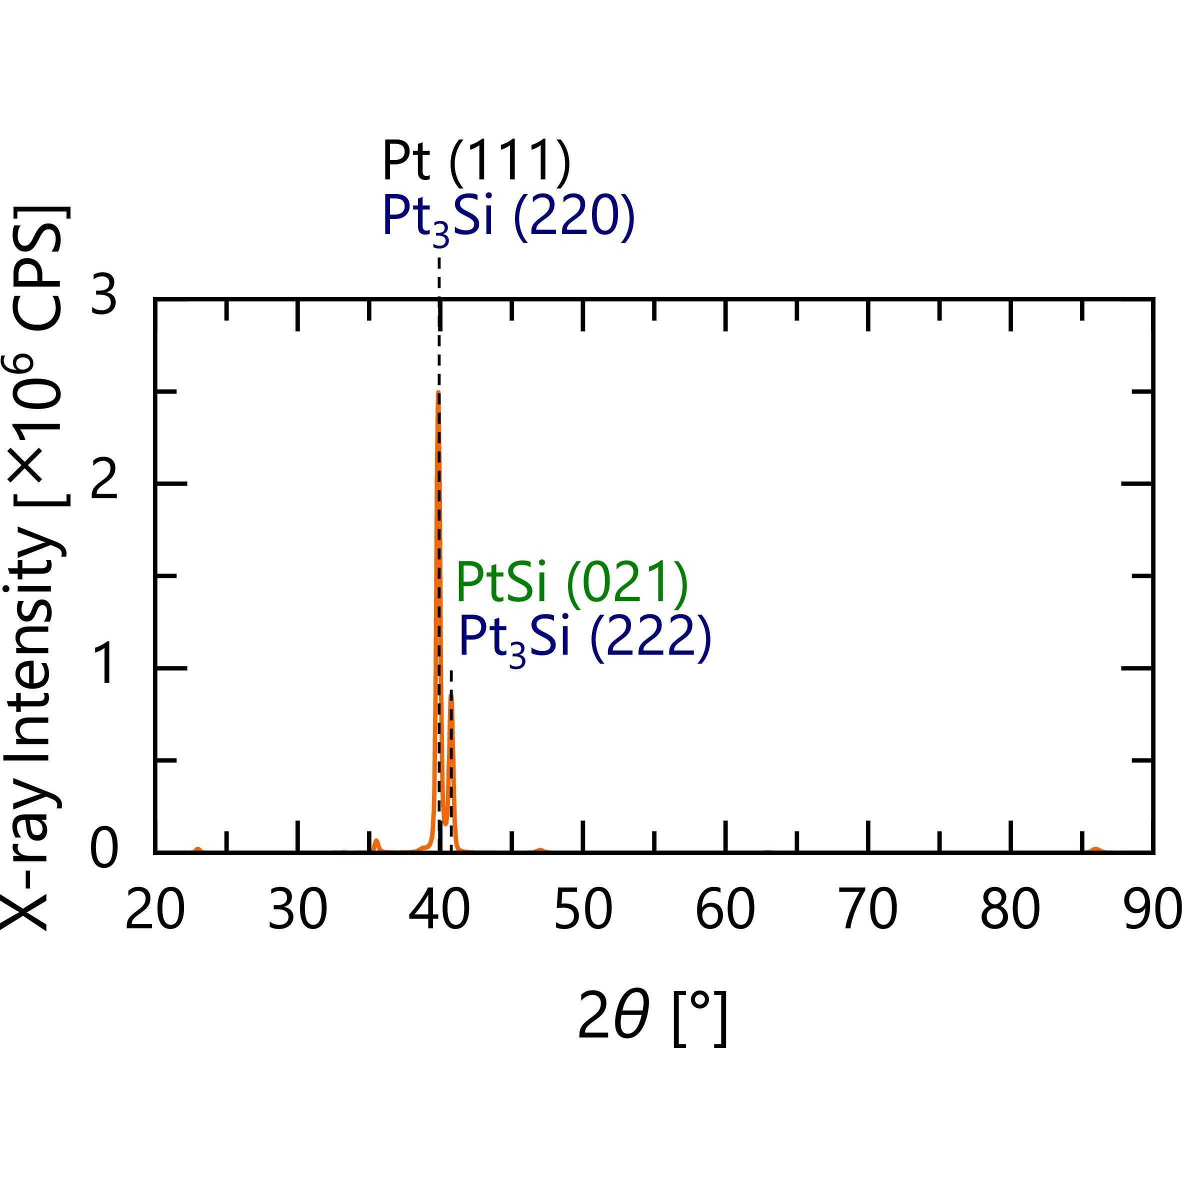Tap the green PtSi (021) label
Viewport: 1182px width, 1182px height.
pyautogui.click(x=572, y=583)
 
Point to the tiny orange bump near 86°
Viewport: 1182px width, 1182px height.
pyautogui.click(x=1096, y=848)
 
